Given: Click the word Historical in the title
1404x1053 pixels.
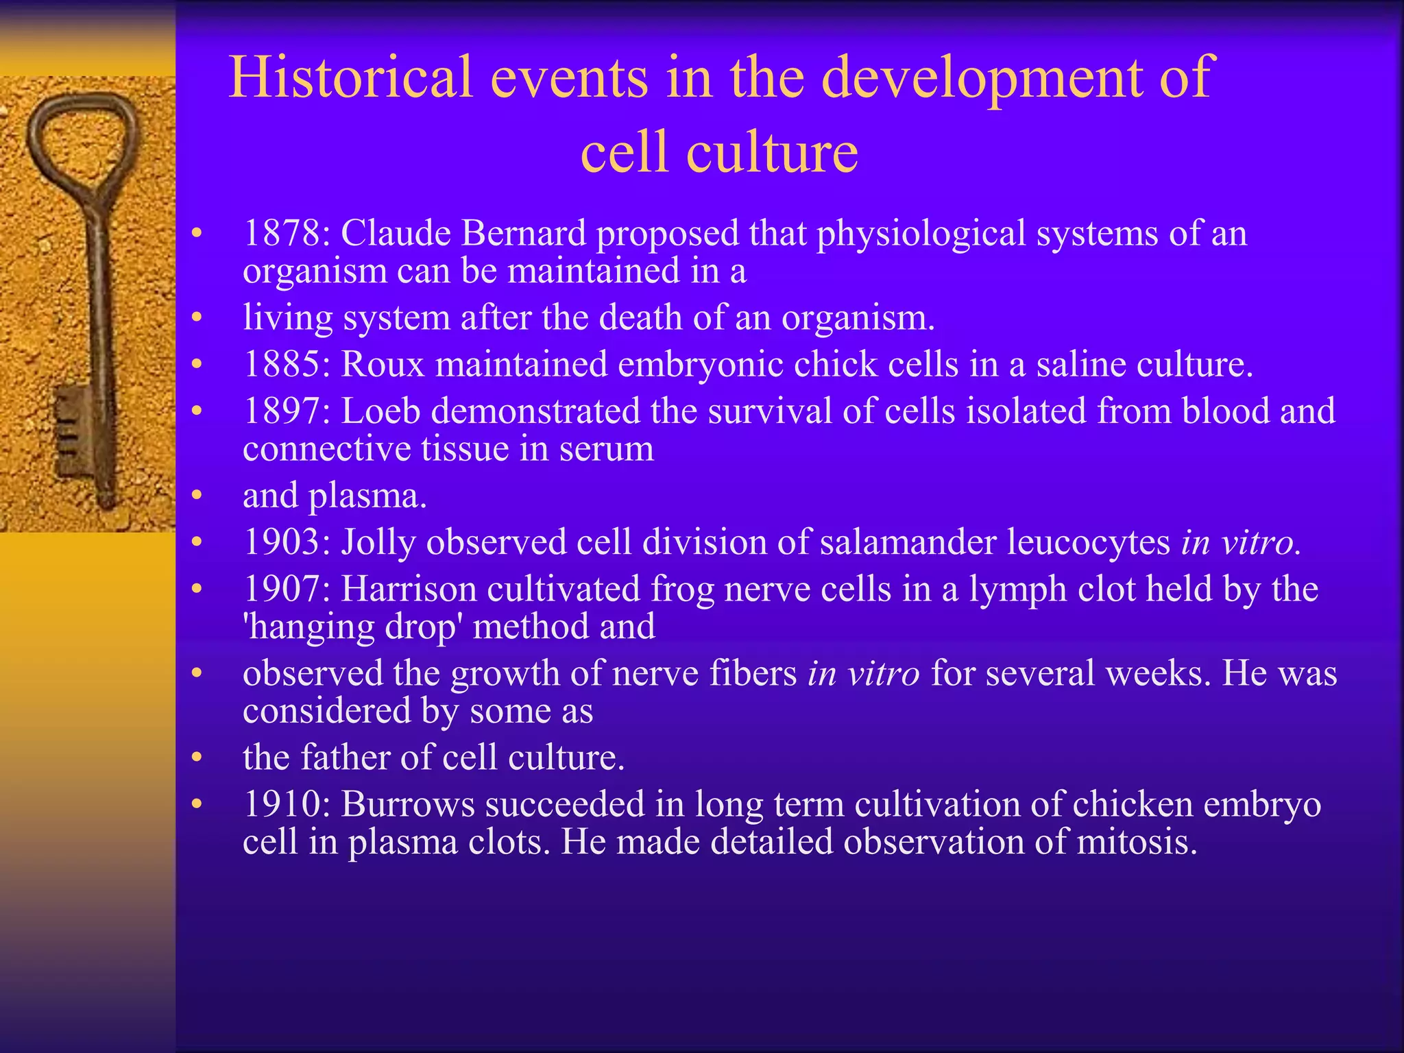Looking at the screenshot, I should click(350, 77).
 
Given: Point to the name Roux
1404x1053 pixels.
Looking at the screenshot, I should click(383, 364).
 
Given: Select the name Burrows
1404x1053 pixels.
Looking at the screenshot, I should click(407, 804).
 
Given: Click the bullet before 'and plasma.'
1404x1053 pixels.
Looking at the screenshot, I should click(197, 496).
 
